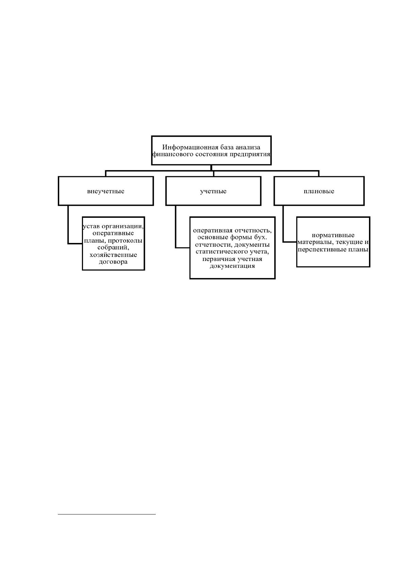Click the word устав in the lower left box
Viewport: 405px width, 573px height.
[x=91, y=226]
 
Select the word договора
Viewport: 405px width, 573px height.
[x=113, y=262]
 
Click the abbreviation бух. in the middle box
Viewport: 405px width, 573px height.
[x=260, y=237]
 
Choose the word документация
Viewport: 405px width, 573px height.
[x=232, y=266]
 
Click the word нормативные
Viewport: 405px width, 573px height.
[x=333, y=235]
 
